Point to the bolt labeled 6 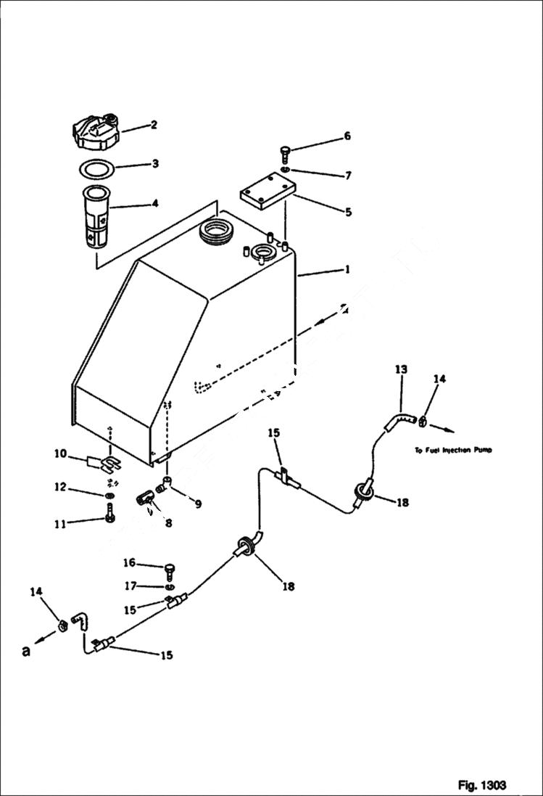284,154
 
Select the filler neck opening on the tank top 215,234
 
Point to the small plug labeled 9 167,483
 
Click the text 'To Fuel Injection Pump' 453,450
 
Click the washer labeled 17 170,586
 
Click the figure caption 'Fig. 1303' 481,785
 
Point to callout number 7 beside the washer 347,176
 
